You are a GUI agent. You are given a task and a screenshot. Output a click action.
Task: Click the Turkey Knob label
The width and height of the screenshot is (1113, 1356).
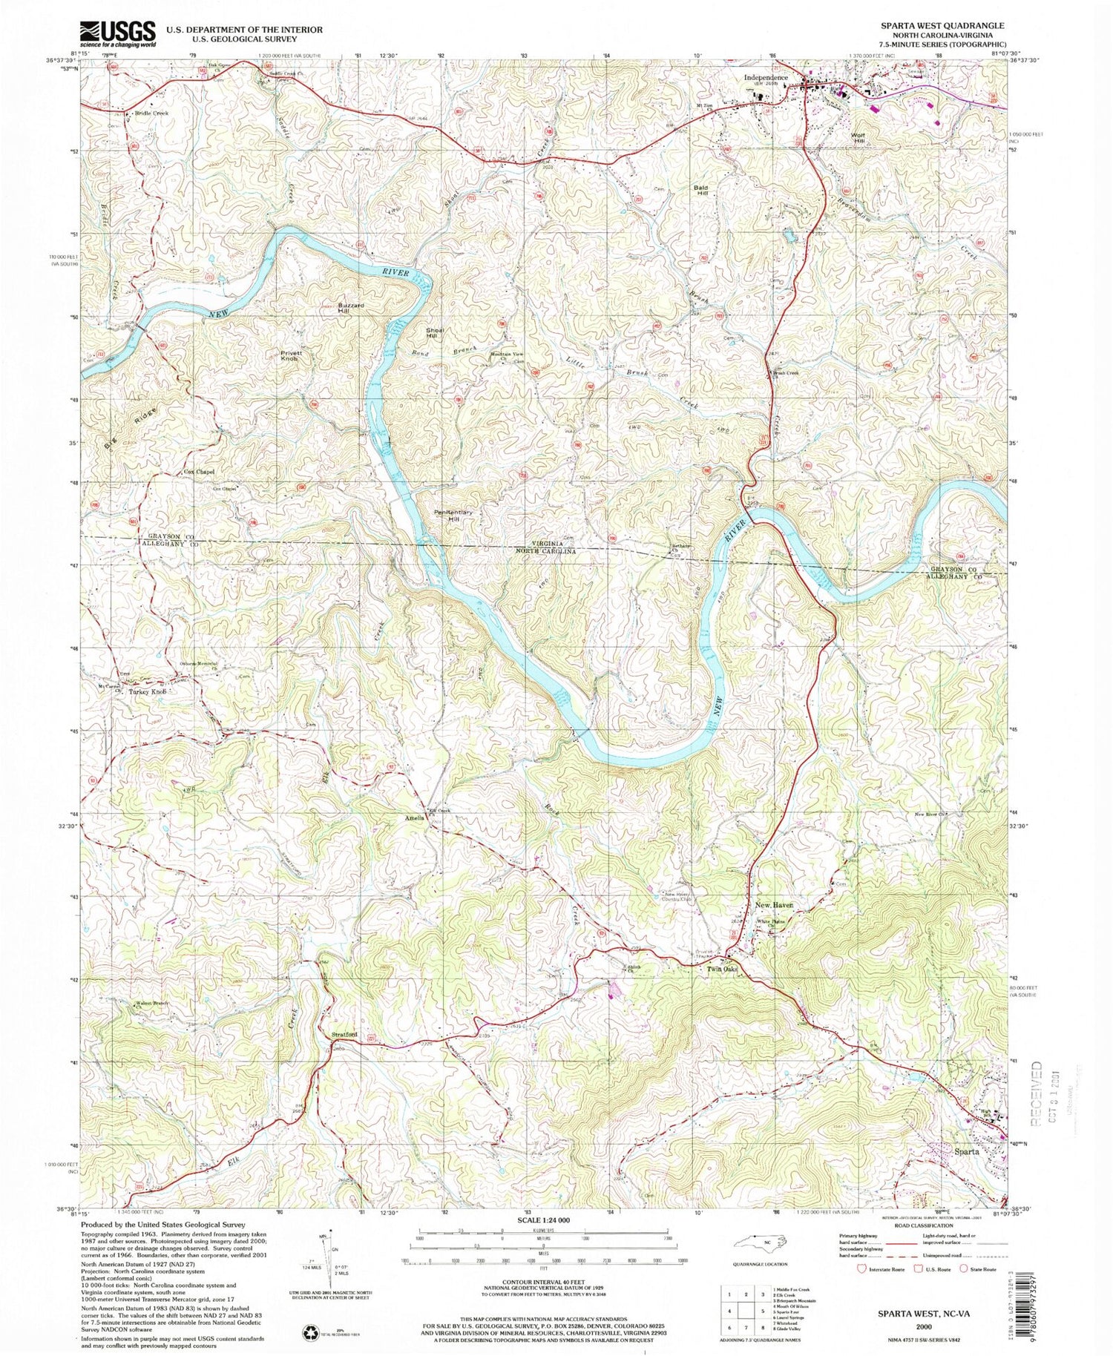coord(145,692)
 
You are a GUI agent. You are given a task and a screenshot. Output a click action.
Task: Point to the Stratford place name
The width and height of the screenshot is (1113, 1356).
coord(341,1034)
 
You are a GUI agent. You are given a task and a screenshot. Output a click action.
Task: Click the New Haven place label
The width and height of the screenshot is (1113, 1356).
coord(774,906)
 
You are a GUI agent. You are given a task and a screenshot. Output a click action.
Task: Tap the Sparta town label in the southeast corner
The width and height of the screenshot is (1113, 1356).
coord(966,1152)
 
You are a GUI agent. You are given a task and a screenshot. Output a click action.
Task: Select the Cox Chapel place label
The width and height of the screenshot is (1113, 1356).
coord(199,472)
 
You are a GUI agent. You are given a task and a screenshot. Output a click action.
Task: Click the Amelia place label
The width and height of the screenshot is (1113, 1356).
coord(413,818)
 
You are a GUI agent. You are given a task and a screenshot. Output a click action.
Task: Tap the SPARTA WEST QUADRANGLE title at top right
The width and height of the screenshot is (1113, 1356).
coord(942,25)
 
